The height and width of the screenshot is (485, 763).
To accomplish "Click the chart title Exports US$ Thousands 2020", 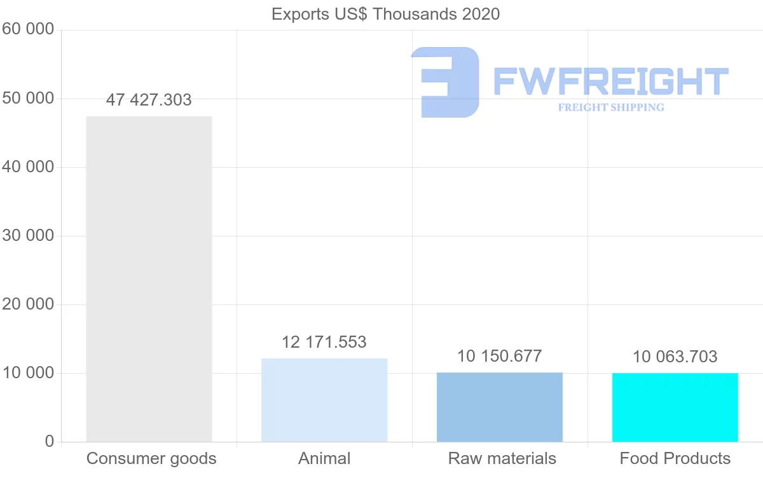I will coord(385,14).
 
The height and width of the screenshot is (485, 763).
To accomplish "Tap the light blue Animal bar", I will coord(324,400).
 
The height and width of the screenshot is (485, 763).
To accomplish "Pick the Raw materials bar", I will coord(500,407).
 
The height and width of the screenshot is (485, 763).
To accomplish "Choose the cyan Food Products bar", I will coord(675,407).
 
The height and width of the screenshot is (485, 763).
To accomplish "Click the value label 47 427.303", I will coord(149,100).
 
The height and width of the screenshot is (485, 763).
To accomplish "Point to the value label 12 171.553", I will coord(324,342).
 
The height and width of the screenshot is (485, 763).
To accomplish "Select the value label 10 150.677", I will coord(500,356).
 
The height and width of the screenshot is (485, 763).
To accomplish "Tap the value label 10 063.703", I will coord(675,357).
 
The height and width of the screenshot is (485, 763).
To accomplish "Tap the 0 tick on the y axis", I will coord(50,441).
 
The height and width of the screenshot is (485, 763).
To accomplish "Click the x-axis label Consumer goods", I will coord(151,458).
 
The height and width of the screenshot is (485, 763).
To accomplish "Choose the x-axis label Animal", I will coord(324,458).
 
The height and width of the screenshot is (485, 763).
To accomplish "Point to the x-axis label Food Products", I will coord(675,458).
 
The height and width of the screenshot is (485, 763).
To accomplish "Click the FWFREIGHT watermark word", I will coord(611,81).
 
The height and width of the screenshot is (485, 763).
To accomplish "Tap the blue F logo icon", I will coord(445,82).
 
